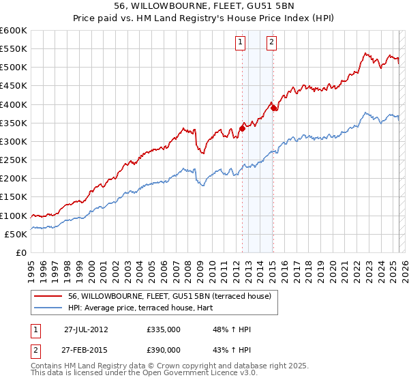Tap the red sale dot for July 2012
(242, 128)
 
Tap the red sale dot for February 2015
(273, 107)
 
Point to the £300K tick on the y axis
(13, 141)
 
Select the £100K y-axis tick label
(13, 216)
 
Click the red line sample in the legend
(48, 296)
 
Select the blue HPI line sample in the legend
(48, 308)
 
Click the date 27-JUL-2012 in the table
(86, 329)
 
